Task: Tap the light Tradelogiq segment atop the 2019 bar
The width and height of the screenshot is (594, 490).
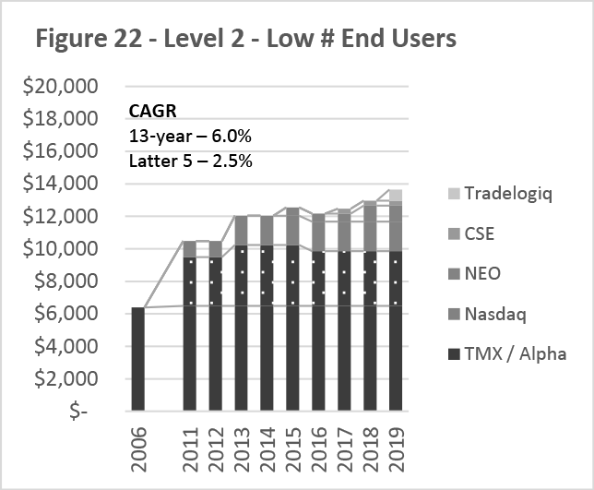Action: [396, 195]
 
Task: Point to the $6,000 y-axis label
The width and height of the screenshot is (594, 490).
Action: [63, 315]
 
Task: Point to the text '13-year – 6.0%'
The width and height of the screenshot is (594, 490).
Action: [190, 137]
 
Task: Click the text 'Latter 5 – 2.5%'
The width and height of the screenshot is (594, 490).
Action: [188, 160]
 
